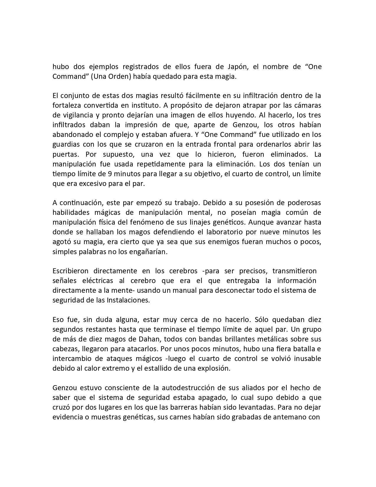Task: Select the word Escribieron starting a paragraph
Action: [70, 271]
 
